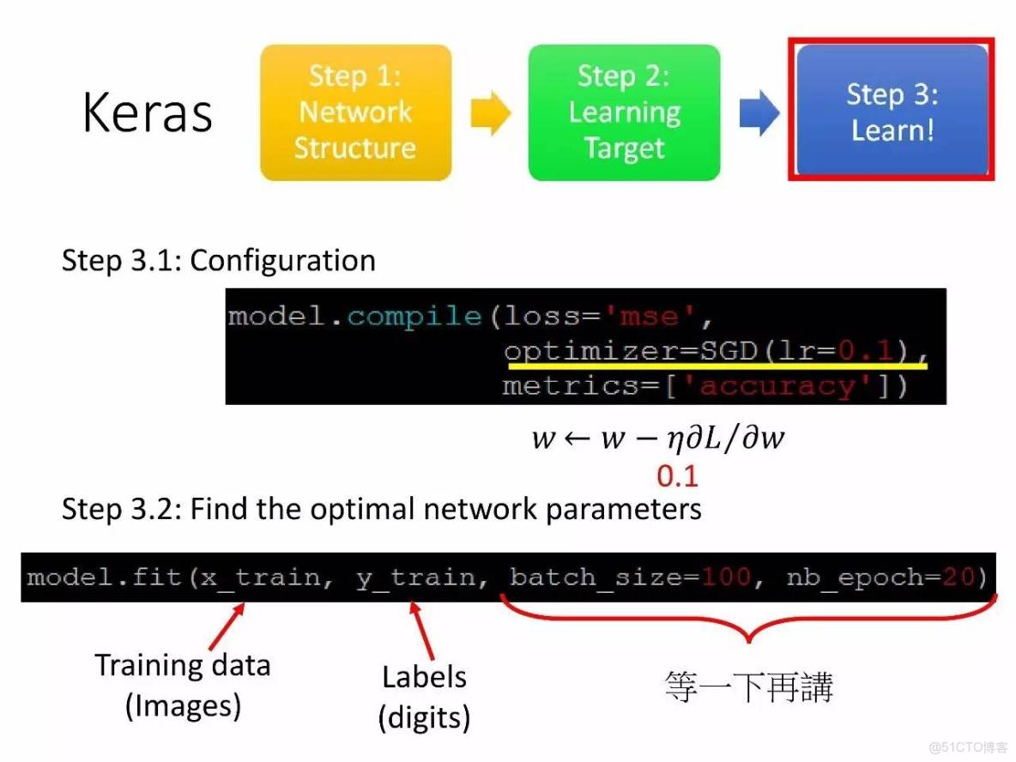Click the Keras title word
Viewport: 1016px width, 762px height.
point(148,112)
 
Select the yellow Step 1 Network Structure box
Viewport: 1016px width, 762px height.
point(356,112)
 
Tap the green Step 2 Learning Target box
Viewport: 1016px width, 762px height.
point(624,112)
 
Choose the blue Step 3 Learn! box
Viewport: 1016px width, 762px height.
point(892,110)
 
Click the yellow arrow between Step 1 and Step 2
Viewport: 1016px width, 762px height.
point(491,112)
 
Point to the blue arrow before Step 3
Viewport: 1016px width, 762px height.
point(759,112)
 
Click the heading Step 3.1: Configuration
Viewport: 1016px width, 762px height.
point(218,261)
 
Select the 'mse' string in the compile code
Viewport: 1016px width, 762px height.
point(649,317)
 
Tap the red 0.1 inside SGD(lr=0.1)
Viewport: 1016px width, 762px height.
point(866,351)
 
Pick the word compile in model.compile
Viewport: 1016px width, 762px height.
point(414,317)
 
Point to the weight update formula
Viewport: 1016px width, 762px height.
point(657,438)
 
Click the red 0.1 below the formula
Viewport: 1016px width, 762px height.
point(677,476)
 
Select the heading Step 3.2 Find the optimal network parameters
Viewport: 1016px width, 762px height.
point(381,510)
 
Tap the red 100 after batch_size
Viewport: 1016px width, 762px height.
point(726,577)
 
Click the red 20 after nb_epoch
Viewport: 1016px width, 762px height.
point(959,577)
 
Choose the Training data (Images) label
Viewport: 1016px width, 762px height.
point(183,686)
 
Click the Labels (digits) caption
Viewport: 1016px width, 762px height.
point(425,698)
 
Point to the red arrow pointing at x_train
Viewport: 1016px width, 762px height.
point(227,626)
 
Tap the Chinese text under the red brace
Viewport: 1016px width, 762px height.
point(748,686)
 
